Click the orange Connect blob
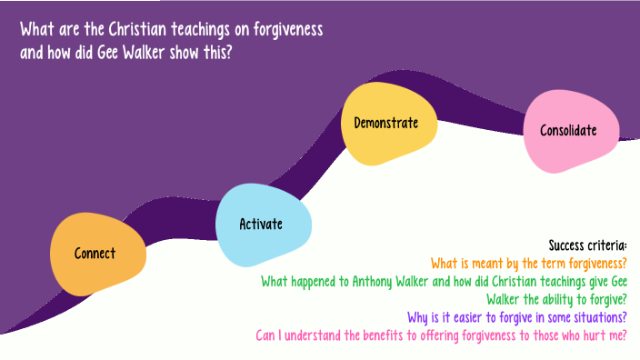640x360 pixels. point(95,254)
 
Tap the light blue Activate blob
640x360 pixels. point(261,225)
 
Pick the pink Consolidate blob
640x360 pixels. point(568,130)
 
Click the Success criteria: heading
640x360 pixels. point(588,245)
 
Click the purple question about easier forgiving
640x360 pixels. point(517,317)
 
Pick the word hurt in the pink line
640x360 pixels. point(589,335)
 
